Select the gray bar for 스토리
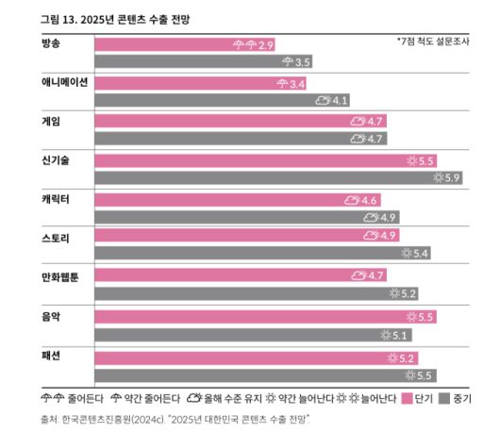pyautogui.click(x=245, y=254)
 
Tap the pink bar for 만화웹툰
pyautogui.click(x=222, y=275)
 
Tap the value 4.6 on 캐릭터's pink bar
pyautogui.click(x=369, y=200)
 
